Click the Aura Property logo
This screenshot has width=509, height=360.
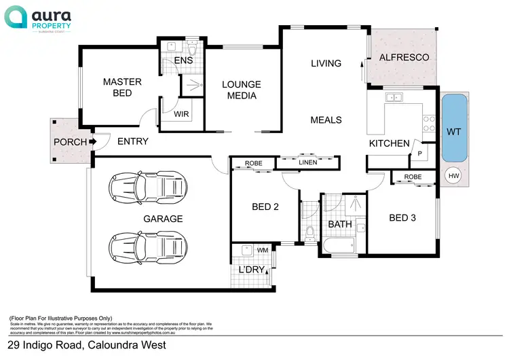[x=46, y=18]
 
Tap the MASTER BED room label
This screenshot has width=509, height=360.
[x=122, y=87]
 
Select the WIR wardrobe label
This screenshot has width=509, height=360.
[x=181, y=113]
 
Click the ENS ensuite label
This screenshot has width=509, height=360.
[x=184, y=60]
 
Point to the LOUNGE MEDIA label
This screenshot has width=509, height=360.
[x=242, y=90]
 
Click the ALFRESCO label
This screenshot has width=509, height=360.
[x=403, y=58]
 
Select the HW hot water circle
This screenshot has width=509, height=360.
[x=452, y=176]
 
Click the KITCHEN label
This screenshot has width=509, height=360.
[x=389, y=143]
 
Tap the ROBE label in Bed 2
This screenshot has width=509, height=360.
[x=254, y=164]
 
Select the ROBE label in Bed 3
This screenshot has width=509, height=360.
[x=413, y=177]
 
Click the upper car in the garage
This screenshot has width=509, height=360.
[x=147, y=184]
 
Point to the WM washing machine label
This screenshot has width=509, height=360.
[x=262, y=250]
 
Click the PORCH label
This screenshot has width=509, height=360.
[x=70, y=142]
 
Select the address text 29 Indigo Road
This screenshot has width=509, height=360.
[x=85, y=345]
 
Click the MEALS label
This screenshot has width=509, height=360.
[x=326, y=120]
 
